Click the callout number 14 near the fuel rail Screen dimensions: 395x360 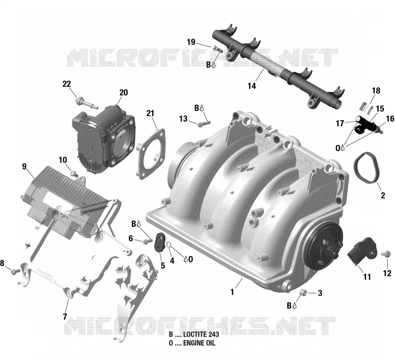pyautogui.click(x=252, y=86)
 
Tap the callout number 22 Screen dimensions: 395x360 pyautogui.click(x=67, y=84)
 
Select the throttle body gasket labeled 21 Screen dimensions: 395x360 pyautogui.click(x=151, y=154)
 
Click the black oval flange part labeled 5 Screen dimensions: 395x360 pyautogui.click(x=159, y=242)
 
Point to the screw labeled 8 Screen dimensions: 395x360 pyautogui.click(x=15, y=271)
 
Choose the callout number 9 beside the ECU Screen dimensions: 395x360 pyautogui.click(x=24, y=167)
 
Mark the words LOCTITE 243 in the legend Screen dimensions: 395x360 pyautogui.click(x=201, y=334)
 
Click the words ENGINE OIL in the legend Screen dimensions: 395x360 pyautogui.click(x=199, y=343)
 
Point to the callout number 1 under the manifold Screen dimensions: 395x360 pyautogui.click(x=232, y=292)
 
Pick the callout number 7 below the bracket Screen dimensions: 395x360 pyautogui.click(x=65, y=316)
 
